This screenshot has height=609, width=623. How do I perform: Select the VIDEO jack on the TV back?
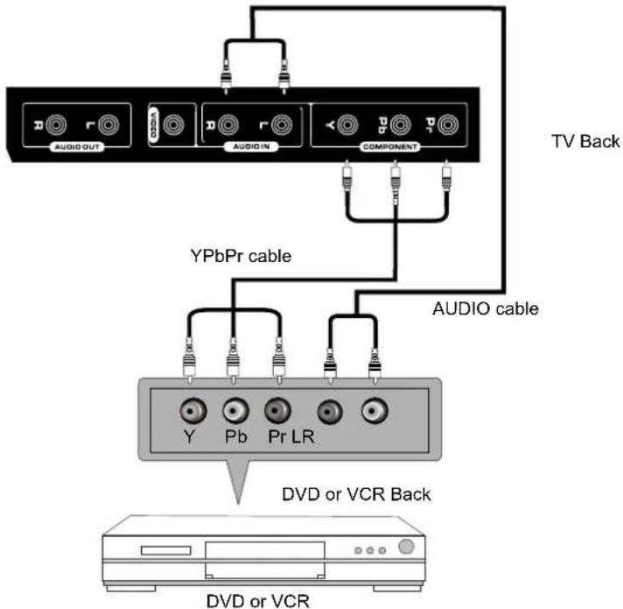click(x=178, y=126)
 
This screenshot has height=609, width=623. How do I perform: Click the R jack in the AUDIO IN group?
click(x=226, y=126)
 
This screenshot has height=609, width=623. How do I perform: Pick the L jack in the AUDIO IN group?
click(x=281, y=126)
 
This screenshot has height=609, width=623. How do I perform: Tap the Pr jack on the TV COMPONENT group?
click(x=449, y=126)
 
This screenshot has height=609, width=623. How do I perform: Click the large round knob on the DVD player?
click(x=405, y=548)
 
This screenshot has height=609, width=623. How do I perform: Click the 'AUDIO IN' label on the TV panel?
click(x=252, y=147)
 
